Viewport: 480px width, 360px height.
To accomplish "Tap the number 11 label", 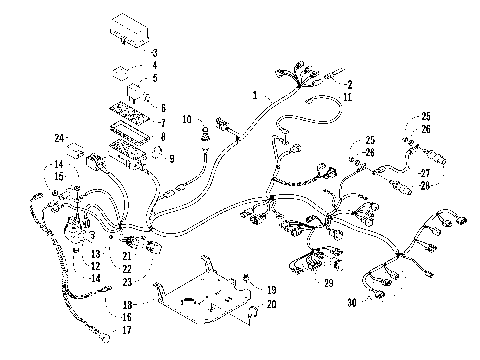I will coord(349,99).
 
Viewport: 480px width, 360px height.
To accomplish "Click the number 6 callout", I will coord(163,106).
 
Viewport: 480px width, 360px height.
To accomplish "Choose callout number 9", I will coord(171,158).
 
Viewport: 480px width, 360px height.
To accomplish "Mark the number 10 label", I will coord(186,120).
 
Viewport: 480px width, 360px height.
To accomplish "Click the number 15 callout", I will coord(59,177).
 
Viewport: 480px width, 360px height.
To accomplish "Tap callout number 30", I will coord(351,302).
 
